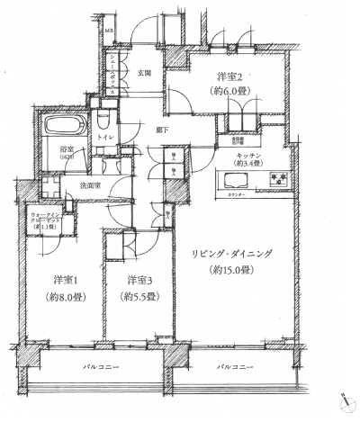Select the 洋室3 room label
[x=140, y=278]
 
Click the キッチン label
[x=249, y=156]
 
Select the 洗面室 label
[x=90, y=184]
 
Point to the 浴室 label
[x=67, y=149]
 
